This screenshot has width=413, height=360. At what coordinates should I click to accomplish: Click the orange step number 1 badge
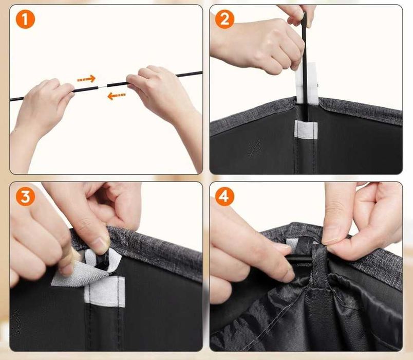click(25, 19)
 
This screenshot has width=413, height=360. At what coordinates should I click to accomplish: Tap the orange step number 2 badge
click(224, 19)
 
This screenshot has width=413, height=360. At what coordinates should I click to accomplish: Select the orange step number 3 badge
click(25, 196)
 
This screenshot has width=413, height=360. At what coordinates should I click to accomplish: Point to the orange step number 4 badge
click(224, 196)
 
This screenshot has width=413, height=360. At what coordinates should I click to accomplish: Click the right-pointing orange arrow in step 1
click(86, 79)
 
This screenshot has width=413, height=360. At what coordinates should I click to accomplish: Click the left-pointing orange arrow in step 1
click(117, 96)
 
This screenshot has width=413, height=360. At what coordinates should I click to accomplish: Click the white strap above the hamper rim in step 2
click(306, 83)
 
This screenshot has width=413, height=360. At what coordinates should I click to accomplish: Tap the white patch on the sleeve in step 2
click(306, 130)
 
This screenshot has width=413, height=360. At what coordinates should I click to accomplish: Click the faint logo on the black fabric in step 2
click(255, 148)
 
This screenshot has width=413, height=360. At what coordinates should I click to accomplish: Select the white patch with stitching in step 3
click(105, 292)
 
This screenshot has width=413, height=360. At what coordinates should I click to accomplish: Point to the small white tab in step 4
click(291, 244)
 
